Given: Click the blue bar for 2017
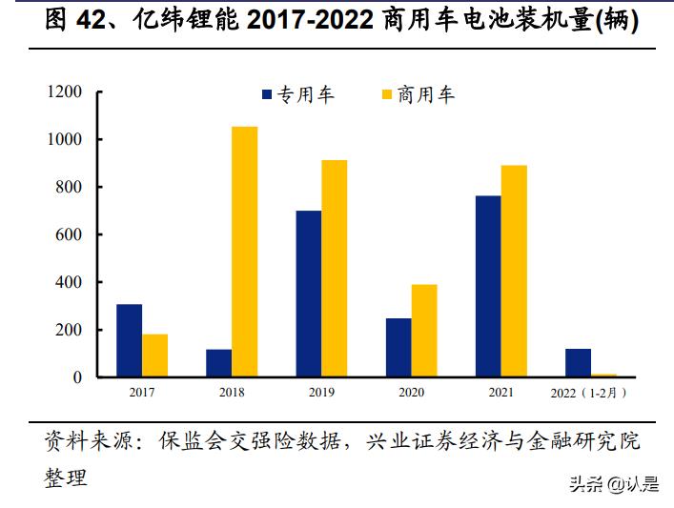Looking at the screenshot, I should [x=129, y=340].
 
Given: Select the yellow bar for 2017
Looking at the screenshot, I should [x=154, y=356].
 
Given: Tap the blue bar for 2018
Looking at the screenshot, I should [x=218, y=363].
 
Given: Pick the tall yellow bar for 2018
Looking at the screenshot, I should [x=244, y=252].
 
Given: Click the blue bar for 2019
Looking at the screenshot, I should [x=308, y=294].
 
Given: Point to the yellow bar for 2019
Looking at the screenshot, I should [x=334, y=269].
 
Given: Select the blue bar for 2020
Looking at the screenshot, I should [x=398, y=348].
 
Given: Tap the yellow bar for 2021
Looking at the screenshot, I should [x=513, y=271].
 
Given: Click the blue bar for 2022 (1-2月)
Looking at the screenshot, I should [x=577, y=363].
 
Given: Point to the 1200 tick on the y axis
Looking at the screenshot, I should [x=64, y=91].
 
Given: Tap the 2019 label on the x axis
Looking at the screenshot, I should [x=321, y=391].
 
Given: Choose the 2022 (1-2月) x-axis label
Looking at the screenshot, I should [x=589, y=391].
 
